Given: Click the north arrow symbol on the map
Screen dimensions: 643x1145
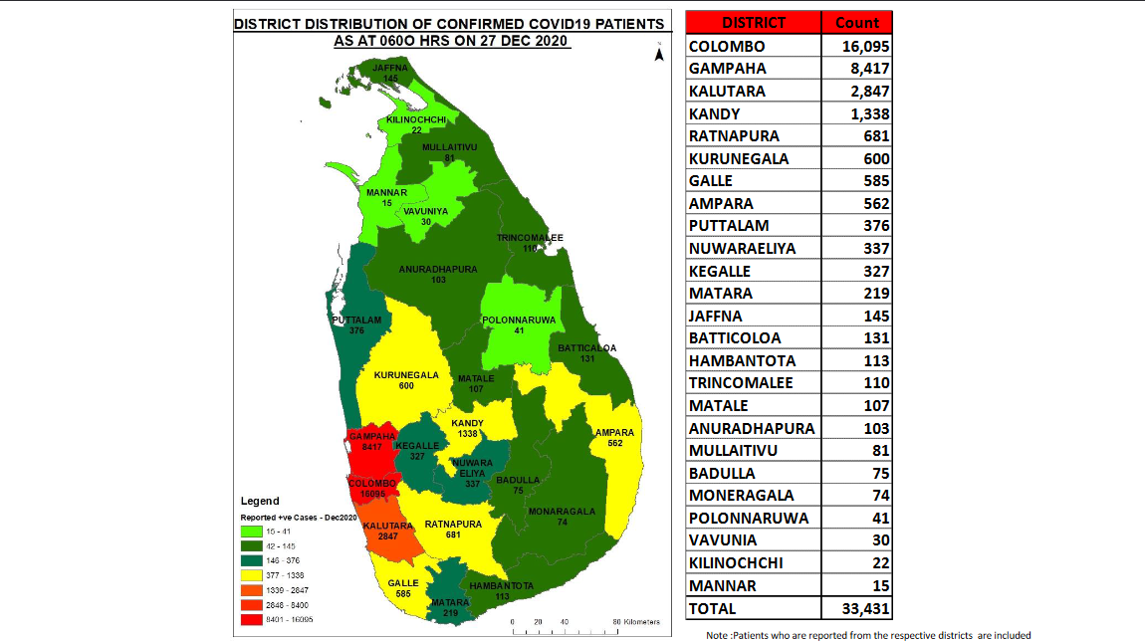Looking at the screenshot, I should coord(658,55).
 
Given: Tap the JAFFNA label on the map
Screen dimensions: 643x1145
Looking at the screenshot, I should coord(390,67).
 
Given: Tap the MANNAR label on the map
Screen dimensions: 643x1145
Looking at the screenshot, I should coord(386,192).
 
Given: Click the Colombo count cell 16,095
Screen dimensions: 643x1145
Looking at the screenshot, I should coord(857,47).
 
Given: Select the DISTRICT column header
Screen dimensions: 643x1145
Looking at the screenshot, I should coord(754,23).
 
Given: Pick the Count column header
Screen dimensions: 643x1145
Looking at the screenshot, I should coord(856,23).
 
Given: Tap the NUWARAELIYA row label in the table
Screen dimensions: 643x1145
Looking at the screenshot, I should coord(742,249).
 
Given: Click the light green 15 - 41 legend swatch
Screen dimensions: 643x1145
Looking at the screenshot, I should coord(254,532).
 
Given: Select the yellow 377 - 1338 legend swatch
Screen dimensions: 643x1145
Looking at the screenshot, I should coord(254,574).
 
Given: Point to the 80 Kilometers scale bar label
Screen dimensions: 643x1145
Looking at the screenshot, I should coord(637,622).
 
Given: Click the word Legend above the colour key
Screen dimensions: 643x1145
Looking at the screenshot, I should coord(260,501).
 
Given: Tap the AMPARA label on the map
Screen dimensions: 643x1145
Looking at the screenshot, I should coord(613,433).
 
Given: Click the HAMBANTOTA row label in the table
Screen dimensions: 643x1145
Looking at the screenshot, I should coord(742,361).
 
